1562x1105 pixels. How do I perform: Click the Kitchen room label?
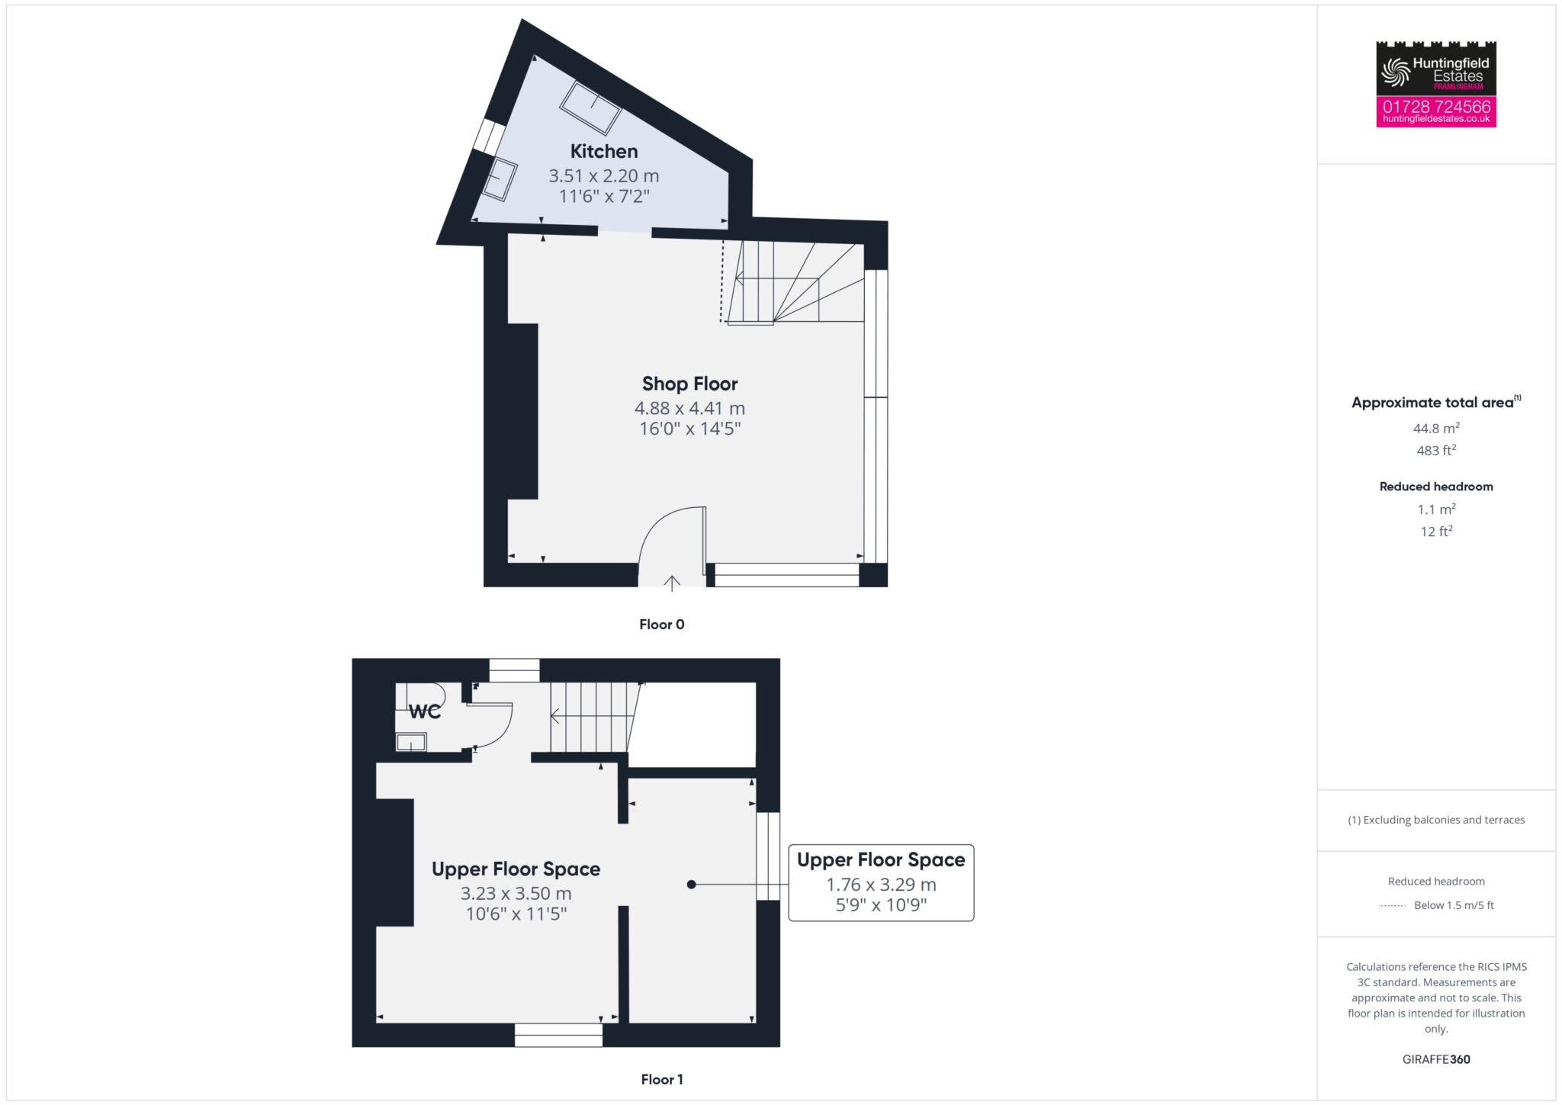[604, 151]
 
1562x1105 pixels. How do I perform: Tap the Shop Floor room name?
[689, 384]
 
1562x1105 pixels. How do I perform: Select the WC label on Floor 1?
[425, 712]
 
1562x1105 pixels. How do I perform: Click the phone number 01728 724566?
[1436, 107]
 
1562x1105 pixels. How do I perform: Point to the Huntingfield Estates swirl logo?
[1396, 72]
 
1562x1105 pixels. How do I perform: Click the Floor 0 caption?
[661, 625]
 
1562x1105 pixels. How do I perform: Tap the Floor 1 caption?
[661, 1079]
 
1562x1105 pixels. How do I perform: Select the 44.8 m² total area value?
[1436, 428]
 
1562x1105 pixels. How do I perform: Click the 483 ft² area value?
[1436, 450]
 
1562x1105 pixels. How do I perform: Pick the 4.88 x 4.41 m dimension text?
[689, 408]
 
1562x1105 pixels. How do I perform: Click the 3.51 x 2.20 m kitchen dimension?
[604, 175]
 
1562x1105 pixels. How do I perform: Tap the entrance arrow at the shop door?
[672, 583]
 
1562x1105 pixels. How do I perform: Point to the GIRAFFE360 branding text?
[1436, 1059]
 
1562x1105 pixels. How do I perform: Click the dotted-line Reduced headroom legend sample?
[1392, 906]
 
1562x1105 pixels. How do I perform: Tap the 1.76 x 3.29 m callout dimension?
[881, 885]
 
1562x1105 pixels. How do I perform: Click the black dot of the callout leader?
[691, 885]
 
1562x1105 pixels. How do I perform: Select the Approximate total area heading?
[1436, 402]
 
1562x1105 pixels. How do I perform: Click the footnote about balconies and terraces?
[1436, 820]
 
